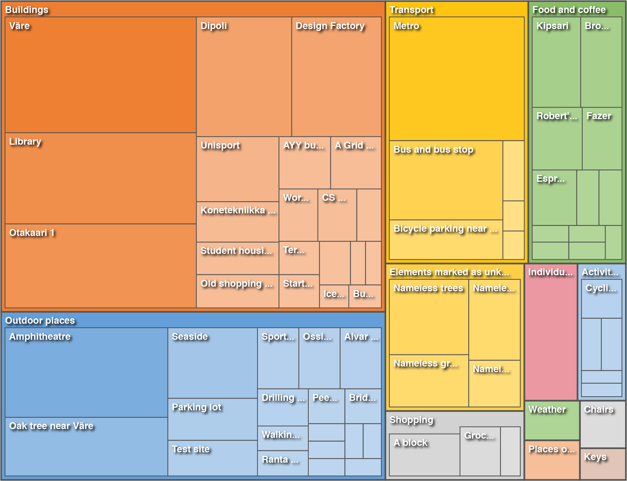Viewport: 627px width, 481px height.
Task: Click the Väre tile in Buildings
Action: (x=100, y=75)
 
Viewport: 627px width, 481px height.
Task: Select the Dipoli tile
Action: (x=244, y=77)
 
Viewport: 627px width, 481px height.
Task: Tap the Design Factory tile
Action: (x=336, y=77)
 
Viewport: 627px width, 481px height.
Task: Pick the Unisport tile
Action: (x=237, y=169)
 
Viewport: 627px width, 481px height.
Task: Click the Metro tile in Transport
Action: (x=457, y=79)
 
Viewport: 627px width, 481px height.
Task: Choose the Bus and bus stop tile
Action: (x=446, y=180)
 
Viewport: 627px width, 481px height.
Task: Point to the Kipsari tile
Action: (x=556, y=62)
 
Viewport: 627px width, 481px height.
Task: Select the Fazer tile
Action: (x=602, y=139)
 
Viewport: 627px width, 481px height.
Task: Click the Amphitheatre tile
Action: (x=86, y=373)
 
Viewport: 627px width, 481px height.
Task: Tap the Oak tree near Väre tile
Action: (x=86, y=446)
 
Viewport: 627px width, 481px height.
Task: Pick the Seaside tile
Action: (x=212, y=363)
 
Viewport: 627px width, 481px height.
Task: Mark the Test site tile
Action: (x=212, y=458)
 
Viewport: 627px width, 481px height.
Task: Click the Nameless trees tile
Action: (x=429, y=317)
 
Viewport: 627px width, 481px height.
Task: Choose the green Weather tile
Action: (x=552, y=420)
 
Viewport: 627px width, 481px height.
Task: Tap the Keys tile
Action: (x=603, y=464)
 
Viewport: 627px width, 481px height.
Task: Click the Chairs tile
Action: (x=603, y=424)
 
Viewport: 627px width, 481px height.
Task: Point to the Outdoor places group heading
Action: (x=40, y=320)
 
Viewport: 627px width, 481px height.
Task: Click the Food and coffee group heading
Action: (x=569, y=10)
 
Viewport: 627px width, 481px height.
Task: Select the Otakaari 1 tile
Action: (x=100, y=266)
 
